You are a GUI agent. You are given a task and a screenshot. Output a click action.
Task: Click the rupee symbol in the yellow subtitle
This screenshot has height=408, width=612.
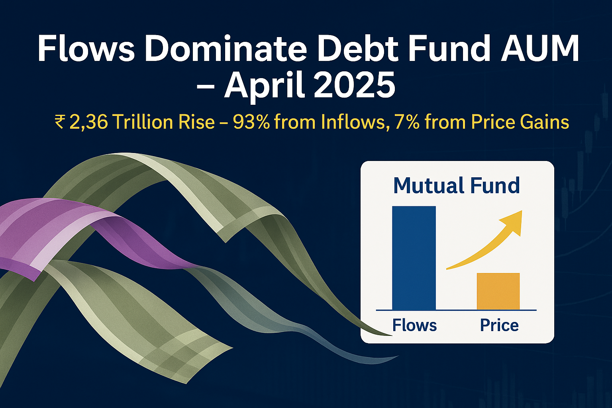(59, 122)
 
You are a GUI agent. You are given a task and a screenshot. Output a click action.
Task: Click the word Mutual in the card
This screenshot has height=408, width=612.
(423, 186)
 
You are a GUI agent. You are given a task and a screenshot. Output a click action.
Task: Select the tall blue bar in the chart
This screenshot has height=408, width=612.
(414, 258)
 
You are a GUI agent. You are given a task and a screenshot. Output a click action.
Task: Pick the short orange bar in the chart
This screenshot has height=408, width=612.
(498, 291)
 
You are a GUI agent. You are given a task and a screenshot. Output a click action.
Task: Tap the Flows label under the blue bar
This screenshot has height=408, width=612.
(414, 326)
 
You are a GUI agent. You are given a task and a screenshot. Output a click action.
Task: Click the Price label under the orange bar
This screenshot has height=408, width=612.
(499, 326)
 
